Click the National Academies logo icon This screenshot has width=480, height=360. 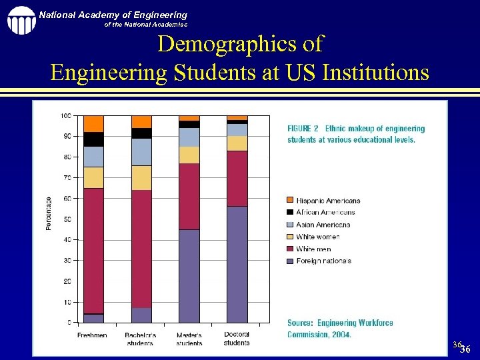pos(21,20)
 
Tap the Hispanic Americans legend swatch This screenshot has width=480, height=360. pos(290,200)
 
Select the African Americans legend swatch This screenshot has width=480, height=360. pos(290,212)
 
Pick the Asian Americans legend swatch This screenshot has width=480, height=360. pos(290,225)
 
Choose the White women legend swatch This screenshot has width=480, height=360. pos(290,237)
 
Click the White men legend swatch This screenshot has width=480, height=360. pos(290,249)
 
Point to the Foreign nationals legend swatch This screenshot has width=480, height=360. pos(290,261)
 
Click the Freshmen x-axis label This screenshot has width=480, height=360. pos(92,335)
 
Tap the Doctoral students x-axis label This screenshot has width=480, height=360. pos(237,338)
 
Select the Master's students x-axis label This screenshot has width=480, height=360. pos(189,339)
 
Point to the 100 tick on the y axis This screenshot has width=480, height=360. pos(66,116)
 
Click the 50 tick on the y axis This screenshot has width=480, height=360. pos(67,219)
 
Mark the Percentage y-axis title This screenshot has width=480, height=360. pos(49,213)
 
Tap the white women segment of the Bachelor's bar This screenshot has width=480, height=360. pos(141,178)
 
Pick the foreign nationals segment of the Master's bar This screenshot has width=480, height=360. pos(189,276)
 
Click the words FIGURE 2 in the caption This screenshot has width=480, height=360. pos(303,129)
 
